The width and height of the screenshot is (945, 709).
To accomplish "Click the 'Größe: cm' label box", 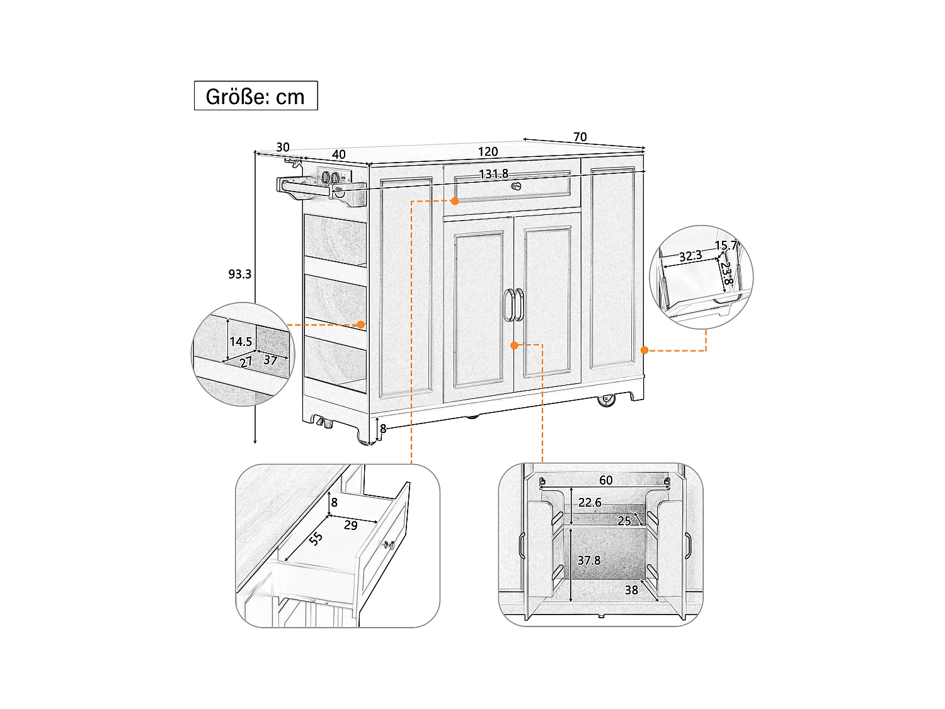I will (x=255, y=96).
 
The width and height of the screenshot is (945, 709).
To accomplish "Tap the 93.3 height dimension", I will (x=239, y=274).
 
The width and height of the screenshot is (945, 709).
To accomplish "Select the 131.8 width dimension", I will (x=493, y=174).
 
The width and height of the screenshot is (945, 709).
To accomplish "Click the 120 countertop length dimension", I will (x=488, y=151).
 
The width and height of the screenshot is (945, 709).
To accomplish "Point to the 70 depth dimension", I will (x=580, y=137).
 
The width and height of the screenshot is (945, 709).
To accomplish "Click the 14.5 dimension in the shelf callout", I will (x=241, y=342).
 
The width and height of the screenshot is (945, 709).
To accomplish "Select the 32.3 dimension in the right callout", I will (x=690, y=256).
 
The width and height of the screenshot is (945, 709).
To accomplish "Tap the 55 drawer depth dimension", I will (x=316, y=538).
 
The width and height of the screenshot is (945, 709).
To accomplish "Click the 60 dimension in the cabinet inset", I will (x=605, y=480).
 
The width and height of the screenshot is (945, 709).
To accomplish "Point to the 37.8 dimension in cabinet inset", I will (x=589, y=560).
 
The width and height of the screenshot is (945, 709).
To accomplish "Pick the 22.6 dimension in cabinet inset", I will (x=590, y=502).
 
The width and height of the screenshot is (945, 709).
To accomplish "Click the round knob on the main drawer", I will (x=517, y=186).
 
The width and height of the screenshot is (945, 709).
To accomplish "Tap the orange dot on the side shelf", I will (x=361, y=325).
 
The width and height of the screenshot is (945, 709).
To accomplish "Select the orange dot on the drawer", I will (x=455, y=201).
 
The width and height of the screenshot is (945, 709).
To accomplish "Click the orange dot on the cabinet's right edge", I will (x=644, y=350).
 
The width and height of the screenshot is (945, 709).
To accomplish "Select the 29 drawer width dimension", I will (x=351, y=525).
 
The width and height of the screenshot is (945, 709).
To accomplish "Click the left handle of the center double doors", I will (x=508, y=304).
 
